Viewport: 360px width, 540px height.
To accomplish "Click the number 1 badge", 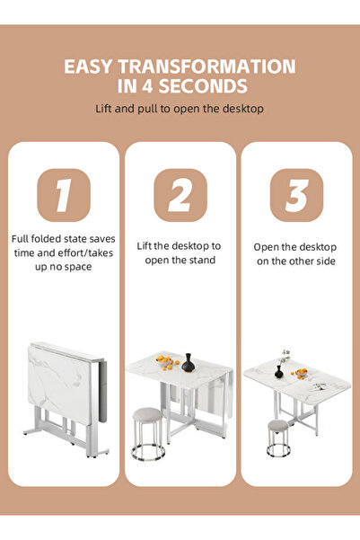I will pos(63,194).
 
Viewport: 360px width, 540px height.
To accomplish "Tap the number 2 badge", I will pos(180,194).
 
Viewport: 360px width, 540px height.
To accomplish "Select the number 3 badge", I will pos(296,194).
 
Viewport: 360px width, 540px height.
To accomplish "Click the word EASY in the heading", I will pos(88,66).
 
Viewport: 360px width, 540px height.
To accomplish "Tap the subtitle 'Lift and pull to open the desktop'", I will pos(180,110).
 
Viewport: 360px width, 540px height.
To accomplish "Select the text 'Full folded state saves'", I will pos(63,239).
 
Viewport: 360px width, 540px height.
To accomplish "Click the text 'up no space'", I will pos(63,267).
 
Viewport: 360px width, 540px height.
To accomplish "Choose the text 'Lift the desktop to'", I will pos(180,245).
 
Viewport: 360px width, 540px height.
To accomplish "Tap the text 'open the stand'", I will pos(180,261).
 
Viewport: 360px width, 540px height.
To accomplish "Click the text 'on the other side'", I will pos(295,261).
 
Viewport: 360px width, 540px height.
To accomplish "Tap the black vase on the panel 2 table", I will pos(189,363).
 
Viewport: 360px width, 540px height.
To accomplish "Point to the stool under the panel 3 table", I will pos(278,437).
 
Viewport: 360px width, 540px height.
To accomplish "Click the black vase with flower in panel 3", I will pos(280,368).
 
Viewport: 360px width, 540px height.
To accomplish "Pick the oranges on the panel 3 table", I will pos(301,372).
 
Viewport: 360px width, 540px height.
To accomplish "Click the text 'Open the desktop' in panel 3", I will pos(295,246).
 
